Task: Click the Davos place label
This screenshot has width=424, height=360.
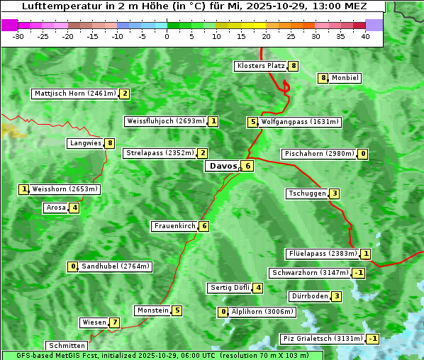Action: (223, 166)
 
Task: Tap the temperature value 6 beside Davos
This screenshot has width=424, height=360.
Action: (247, 166)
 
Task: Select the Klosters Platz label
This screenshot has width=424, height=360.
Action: (260, 66)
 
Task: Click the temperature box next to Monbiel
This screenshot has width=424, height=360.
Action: (323, 78)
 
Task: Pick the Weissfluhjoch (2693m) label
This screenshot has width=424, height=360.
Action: (166, 121)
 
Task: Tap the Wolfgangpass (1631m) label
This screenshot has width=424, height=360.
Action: (301, 122)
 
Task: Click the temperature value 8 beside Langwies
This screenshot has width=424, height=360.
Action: (110, 143)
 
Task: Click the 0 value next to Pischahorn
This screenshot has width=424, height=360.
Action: (363, 154)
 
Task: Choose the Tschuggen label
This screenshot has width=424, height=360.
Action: (307, 193)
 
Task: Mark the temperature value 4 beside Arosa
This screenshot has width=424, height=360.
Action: (74, 208)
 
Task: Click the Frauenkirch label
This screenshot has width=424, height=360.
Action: (174, 226)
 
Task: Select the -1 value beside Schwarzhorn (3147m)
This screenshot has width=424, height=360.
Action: (359, 273)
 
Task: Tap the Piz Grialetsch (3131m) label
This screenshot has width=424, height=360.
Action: (323, 339)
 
